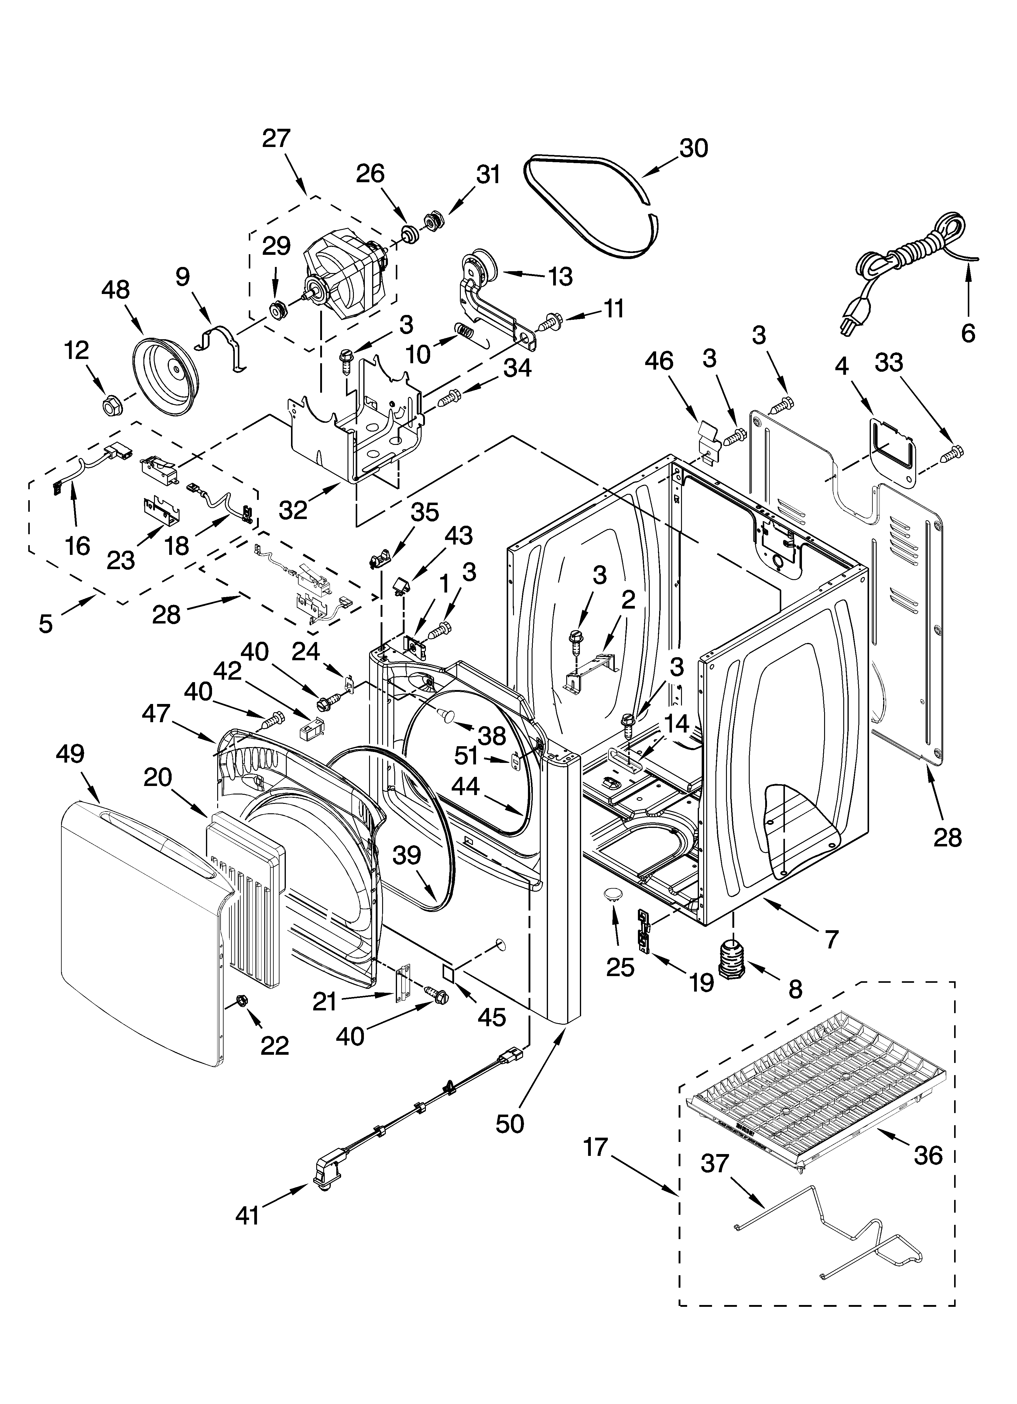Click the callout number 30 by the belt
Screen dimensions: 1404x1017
click(x=693, y=149)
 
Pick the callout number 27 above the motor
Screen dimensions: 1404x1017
click(x=276, y=139)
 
